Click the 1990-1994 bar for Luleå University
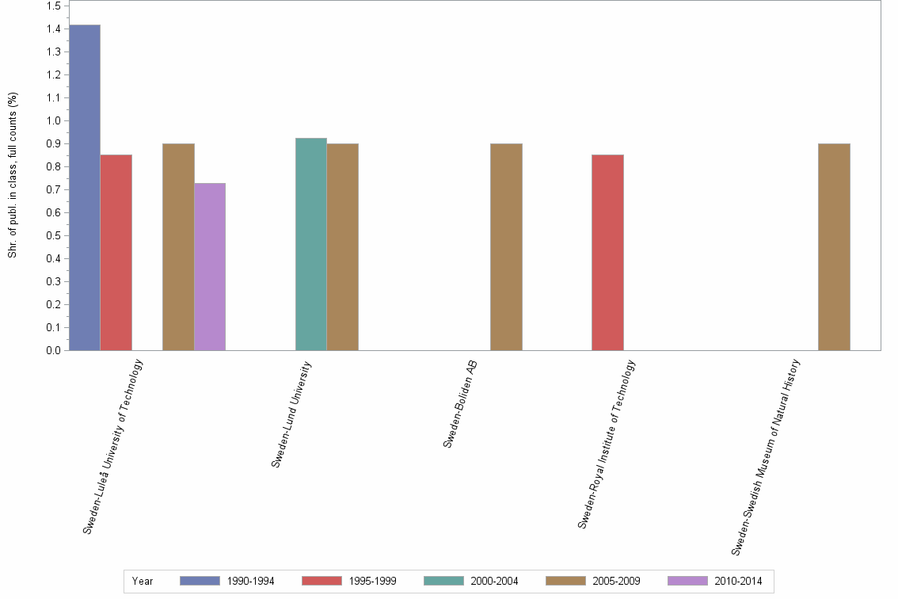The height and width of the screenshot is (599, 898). (84, 188)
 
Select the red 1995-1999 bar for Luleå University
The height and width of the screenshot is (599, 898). (116, 253)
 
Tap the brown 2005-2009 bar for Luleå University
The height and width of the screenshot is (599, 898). (178, 247)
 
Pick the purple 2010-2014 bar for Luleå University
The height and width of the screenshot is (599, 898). (210, 267)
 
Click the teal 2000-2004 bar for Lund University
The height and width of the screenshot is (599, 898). (310, 244)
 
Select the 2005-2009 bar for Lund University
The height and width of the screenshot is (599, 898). (342, 247)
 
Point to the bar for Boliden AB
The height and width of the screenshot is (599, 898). (506, 247)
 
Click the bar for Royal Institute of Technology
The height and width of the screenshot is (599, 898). (607, 253)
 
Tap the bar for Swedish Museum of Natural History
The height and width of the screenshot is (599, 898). (834, 247)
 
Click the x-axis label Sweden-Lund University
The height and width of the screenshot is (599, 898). (292, 414)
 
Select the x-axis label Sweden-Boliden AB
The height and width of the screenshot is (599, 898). (460, 404)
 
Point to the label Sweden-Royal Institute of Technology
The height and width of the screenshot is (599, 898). (607, 444)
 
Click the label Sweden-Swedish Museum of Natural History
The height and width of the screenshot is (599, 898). (767, 457)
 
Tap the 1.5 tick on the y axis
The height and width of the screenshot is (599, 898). (53, 6)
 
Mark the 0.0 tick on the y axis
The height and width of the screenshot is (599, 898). (53, 350)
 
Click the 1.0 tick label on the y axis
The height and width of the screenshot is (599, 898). (53, 121)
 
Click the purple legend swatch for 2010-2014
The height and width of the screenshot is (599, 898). (687, 581)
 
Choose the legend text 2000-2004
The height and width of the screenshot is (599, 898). (494, 581)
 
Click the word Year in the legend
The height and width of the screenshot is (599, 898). (143, 581)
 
